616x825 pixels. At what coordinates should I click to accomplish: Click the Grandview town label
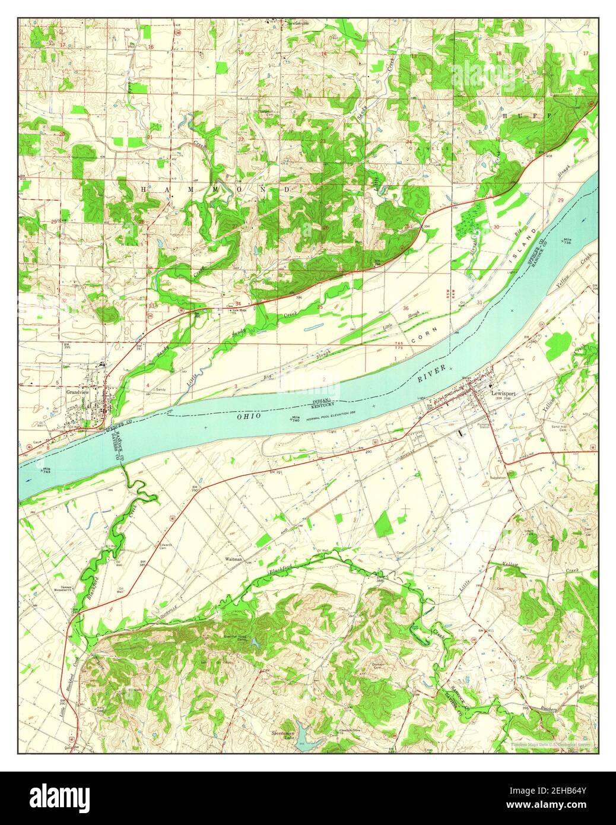pyautogui.click(x=77, y=392)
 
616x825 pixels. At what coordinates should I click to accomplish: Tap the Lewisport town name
pyautogui.click(x=504, y=392)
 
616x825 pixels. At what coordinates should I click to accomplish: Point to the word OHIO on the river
pyautogui.click(x=250, y=417)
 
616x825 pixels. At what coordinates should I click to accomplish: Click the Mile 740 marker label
pyautogui.click(x=293, y=419)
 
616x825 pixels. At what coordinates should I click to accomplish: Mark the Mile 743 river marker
pyautogui.click(x=45, y=470)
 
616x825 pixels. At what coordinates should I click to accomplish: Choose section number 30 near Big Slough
pyautogui.click(x=496, y=227)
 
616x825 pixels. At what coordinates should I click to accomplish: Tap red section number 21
pyautogui.click(x=150, y=138)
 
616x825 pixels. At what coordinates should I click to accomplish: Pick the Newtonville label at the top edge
pyautogui.click(x=299, y=24)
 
